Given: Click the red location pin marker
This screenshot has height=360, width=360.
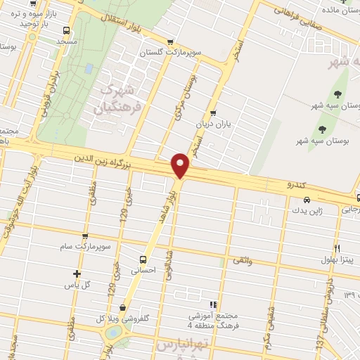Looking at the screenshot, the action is coord(181,164).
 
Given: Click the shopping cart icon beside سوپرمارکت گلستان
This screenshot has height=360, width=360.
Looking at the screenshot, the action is coord(169,41).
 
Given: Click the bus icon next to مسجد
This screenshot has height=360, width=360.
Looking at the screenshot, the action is coord(66,31).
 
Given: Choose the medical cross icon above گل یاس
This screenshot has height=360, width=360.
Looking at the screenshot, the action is coord(77,274).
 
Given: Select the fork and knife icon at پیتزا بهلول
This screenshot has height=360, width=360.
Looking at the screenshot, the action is coord(337,248).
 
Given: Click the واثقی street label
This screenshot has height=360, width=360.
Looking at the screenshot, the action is coord(240,261).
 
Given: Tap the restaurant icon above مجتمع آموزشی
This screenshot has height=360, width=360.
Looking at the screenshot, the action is coord(220,304).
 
